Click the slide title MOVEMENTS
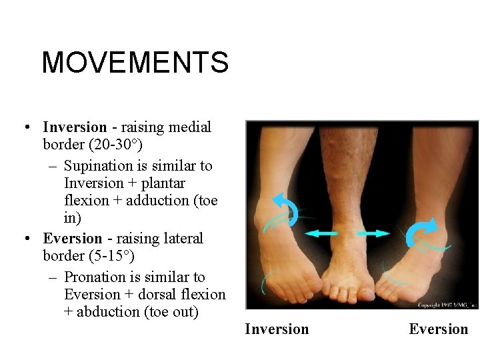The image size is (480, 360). click(x=135, y=63)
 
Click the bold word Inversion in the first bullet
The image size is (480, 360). click(x=75, y=127)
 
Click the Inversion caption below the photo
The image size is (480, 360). click(x=277, y=329)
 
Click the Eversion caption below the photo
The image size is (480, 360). click(x=439, y=329)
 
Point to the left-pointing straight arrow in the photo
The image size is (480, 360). click(x=321, y=233)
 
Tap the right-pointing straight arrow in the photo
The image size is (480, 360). click(x=373, y=233)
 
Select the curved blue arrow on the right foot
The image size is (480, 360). click(x=421, y=232)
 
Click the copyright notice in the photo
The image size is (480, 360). click(x=446, y=305)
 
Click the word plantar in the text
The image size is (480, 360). click(x=163, y=183)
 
